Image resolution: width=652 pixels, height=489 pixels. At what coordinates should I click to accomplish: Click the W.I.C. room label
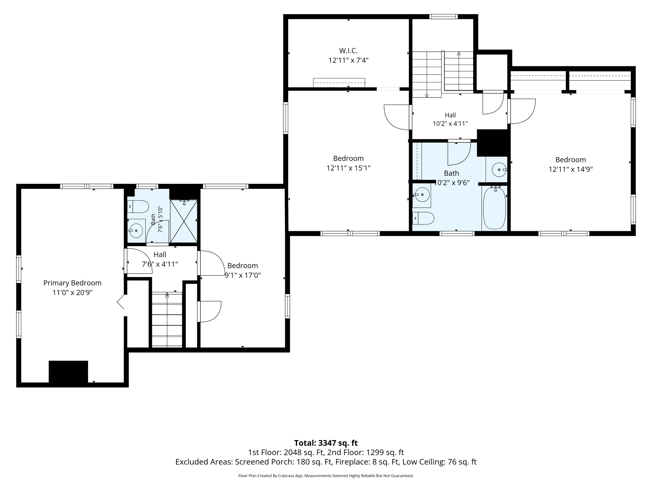348,51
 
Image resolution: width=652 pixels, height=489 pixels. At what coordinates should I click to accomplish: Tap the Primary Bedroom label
73,283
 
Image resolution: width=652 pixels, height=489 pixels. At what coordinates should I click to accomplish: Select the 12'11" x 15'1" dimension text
348,168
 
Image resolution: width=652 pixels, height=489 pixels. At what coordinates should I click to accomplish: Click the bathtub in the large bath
495,208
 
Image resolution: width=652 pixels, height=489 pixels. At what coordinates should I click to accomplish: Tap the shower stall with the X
184,221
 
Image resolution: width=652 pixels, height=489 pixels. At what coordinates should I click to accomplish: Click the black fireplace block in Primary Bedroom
68,372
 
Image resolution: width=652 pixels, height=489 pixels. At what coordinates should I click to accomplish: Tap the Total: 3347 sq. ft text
326,443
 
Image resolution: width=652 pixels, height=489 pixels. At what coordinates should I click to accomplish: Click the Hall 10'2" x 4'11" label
450,119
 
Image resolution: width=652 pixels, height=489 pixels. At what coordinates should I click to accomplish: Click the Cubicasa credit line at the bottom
326,476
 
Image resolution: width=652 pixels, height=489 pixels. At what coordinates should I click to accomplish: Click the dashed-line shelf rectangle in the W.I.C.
339,83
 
